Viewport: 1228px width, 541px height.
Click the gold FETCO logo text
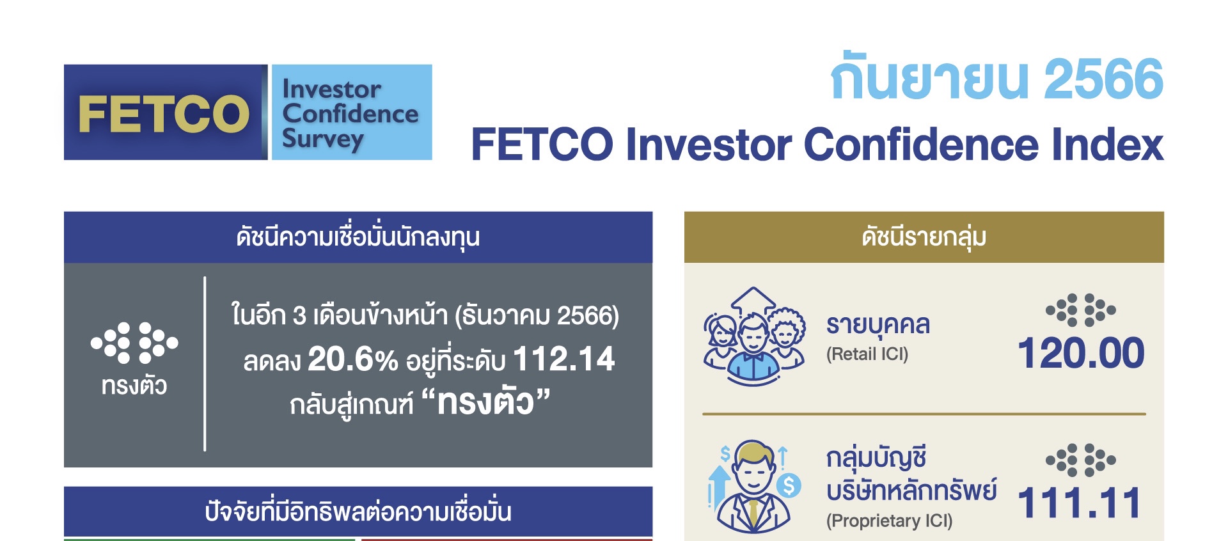coord(164,114)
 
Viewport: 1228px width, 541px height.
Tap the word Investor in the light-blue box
coord(331,89)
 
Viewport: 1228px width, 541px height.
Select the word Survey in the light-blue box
coord(323,139)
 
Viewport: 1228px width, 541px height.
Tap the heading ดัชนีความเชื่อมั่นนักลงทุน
coord(358,237)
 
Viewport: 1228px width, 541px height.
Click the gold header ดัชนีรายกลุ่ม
coord(924,237)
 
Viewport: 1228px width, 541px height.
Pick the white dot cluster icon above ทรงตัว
coord(134,343)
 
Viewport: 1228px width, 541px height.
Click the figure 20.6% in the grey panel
coord(353,359)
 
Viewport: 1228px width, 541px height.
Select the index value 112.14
coord(563,359)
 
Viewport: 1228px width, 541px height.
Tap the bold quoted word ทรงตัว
coord(485,403)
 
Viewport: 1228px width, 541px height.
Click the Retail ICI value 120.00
coord(1081,353)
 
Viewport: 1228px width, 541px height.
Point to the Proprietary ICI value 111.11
coord(1079,503)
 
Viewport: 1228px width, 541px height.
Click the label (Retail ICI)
coord(867,354)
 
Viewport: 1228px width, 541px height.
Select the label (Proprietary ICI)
coord(889,521)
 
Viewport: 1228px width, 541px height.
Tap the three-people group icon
coord(754,336)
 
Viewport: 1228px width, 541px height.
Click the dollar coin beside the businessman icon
coord(789,487)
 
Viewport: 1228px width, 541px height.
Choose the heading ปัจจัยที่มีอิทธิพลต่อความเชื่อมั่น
coord(358,512)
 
